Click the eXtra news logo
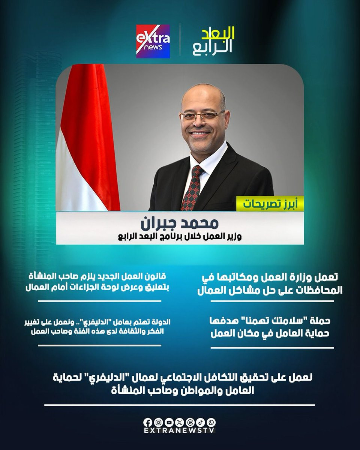pos(153,41)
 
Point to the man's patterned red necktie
pos(191,187)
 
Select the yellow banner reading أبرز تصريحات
pos(270,204)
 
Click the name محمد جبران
pos(180,223)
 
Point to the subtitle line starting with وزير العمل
pos(180,237)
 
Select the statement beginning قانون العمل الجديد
pos(97,282)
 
